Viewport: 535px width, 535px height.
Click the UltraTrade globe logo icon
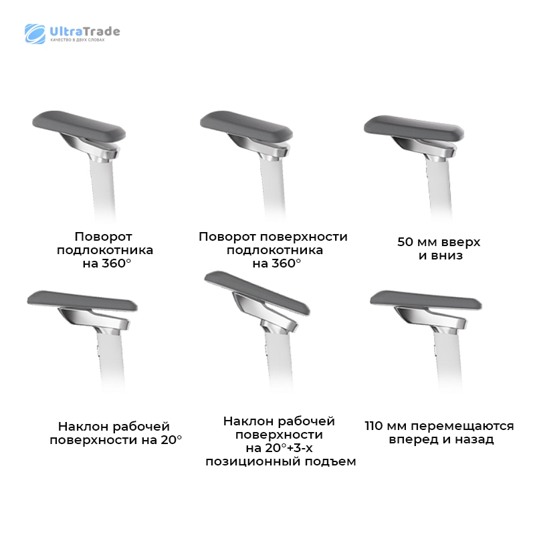point(35,34)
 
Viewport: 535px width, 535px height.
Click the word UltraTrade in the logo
point(85,31)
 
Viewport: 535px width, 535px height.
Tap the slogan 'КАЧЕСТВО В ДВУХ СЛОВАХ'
point(78,40)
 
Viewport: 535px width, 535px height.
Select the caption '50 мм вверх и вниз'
point(439,248)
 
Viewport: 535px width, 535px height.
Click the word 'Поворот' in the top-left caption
point(103,237)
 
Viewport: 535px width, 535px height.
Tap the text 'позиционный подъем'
point(280,461)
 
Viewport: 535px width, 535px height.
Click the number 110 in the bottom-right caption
point(375,426)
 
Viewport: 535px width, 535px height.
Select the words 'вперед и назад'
point(441,439)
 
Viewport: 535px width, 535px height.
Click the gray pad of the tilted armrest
point(257,292)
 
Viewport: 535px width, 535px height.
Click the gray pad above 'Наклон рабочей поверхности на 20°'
point(82,300)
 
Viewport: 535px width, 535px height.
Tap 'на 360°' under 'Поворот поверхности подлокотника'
point(277,263)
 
